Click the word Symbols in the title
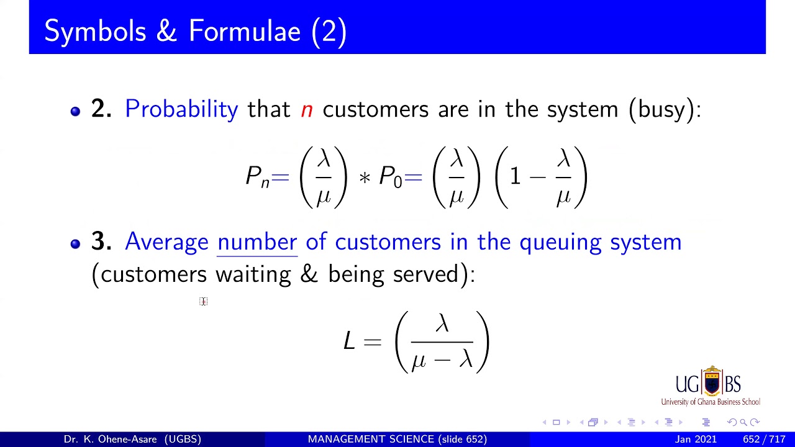95,31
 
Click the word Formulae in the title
245,31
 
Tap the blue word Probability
181,109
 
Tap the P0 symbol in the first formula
390,177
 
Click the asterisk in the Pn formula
365,178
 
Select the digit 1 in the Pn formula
515,177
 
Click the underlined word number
257,242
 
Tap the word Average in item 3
166,242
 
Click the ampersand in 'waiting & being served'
309,274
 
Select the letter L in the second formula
349,341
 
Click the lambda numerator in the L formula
442,324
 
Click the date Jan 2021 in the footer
696,439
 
